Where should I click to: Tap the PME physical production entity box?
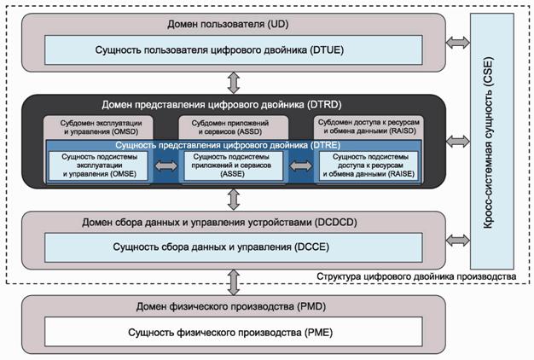pyautogui.click(x=232, y=333)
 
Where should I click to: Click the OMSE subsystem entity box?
pyautogui.click(x=99, y=167)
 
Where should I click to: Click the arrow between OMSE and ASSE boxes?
pyautogui.click(x=165, y=167)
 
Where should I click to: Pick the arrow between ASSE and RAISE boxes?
pyautogui.click(x=300, y=167)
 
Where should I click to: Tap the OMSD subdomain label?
pyautogui.click(x=101, y=128)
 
